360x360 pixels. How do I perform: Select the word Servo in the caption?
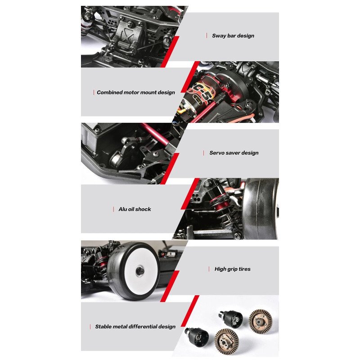click(217, 153)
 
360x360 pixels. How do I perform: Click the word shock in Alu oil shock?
click(143, 209)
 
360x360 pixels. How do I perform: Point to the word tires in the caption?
click(244, 269)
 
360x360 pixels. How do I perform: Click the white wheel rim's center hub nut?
click(139, 271)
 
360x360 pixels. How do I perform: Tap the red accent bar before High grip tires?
click(209, 269)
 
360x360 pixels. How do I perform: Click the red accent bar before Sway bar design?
click(207, 36)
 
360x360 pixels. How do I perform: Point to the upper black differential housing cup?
click(231, 319)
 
